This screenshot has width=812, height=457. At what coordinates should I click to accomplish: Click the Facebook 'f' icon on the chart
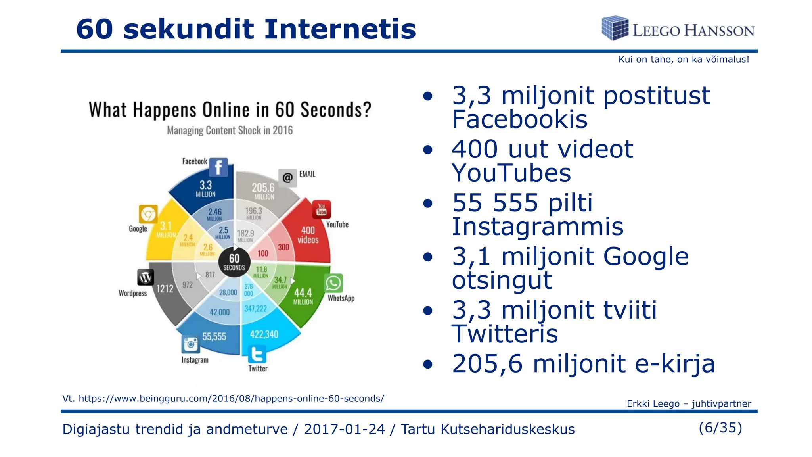[x=218, y=167]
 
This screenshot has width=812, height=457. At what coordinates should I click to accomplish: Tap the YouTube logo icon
[x=321, y=209]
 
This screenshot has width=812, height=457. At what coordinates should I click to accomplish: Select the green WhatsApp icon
[x=333, y=283]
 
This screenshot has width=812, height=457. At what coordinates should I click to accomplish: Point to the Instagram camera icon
[x=191, y=344]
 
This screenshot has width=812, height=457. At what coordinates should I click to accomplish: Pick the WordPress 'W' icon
[x=146, y=277]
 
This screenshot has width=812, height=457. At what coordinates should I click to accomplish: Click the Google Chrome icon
[x=148, y=215]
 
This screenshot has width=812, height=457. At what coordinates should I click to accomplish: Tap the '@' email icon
[x=287, y=177]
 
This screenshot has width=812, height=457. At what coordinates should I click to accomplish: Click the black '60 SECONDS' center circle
[x=234, y=262]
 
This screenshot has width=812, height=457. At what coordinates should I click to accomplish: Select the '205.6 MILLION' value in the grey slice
[x=263, y=191]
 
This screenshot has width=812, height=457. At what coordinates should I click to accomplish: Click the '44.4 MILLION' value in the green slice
[x=303, y=296]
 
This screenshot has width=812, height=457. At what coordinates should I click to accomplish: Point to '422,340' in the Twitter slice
[x=264, y=334]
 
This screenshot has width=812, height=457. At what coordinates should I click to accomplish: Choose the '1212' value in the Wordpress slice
[x=165, y=288]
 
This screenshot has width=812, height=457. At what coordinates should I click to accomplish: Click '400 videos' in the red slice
[x=308, y=235]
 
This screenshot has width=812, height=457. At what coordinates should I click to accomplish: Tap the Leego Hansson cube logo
[x=615, y=28]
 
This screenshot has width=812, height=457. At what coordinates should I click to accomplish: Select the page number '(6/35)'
[x=720, y=428]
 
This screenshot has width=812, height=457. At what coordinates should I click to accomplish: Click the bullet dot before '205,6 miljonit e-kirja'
[x=427, y=364]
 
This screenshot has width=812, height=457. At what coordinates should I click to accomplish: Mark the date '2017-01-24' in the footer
[x=344, y=429]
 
